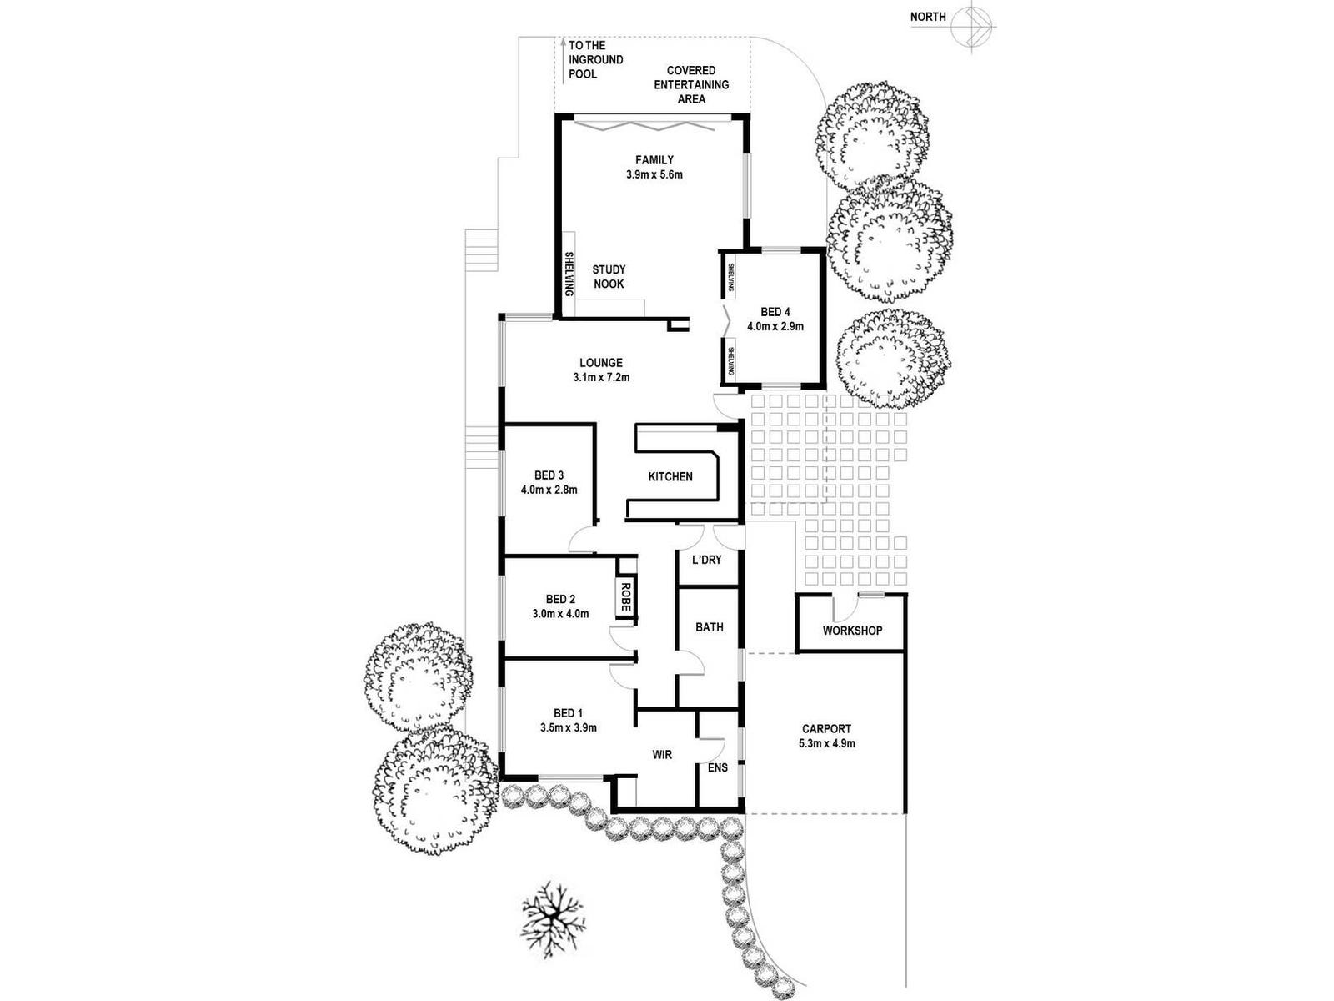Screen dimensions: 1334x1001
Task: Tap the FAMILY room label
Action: [654, 160]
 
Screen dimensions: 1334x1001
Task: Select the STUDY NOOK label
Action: [609, 277]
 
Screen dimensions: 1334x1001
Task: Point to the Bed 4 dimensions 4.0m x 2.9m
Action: [775, 327]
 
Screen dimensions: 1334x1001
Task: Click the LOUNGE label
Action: [601, 363]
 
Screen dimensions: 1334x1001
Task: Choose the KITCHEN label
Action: [670, 477]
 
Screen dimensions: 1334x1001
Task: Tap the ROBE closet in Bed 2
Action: [625, 596]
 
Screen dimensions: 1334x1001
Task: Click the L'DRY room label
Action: [706, 560]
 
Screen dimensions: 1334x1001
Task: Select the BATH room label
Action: [710, 627]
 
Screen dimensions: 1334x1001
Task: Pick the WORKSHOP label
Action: [852, 631]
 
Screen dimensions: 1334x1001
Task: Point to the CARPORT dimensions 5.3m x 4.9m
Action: [826, 743]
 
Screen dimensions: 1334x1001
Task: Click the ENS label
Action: [717, 767]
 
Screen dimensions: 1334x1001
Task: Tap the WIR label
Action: [662, 755]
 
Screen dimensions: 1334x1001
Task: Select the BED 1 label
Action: [568, 713]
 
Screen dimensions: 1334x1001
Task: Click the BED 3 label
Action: [549, 475]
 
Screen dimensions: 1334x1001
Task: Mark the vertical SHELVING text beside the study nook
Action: [569, 274]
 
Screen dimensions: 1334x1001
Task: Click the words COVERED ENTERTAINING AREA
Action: [691, 84]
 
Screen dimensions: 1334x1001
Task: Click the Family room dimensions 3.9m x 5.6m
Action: [654, 175]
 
